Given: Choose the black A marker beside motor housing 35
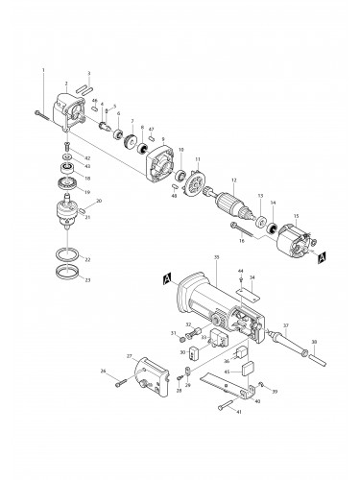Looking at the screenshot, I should pos(167,277).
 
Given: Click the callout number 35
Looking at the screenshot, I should pos(218,258).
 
